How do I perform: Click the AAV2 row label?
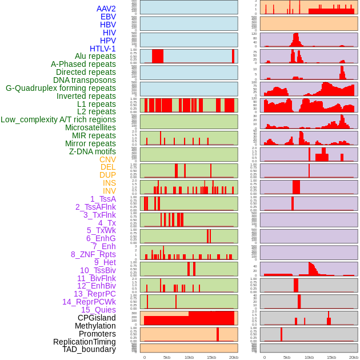[106, 9]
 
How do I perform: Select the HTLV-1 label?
[102, 49]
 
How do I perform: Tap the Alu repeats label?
[95, 56]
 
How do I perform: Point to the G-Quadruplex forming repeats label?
[61, 88]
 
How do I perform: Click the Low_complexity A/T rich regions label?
[58, 119]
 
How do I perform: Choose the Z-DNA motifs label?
[93, 151]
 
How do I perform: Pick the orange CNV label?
[107, 159]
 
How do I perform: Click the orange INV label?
[109, 191]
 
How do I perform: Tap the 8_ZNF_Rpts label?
[93, 254]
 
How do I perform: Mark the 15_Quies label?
[98, 310]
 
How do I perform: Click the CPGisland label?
[97, 318]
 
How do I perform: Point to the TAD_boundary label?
[89, 349]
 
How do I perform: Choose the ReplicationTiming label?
[85, 342]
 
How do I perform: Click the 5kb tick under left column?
[167, 357]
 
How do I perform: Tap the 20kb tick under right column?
[354, 357]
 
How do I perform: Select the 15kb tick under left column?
[211, 357]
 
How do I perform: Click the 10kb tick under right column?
[309, 357]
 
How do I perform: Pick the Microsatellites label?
[90, 127]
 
